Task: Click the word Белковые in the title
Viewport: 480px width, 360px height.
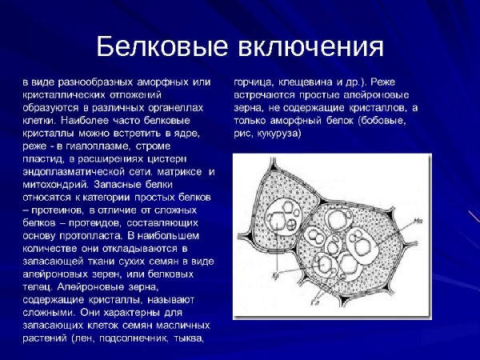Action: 161,46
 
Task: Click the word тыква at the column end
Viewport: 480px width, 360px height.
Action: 187,338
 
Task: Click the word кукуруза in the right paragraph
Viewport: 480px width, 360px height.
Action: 278,133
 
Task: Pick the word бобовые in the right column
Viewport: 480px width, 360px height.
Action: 382,122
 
